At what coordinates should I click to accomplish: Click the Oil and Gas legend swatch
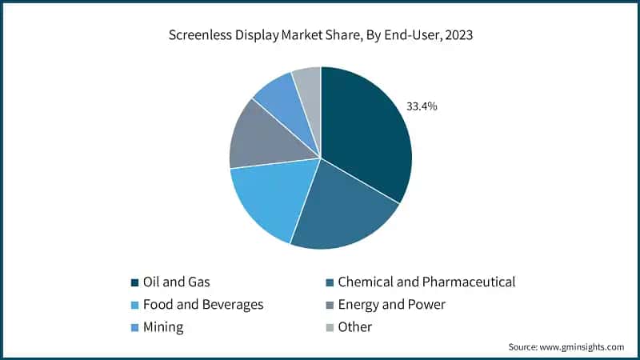tap(134, 282)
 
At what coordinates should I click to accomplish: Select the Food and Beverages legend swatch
tap(134, 305)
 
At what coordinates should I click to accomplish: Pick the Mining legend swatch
tap(134, 327)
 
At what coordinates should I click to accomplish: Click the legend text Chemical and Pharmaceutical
tap(426, 282)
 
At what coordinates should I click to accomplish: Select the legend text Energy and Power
tap(391, 304)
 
